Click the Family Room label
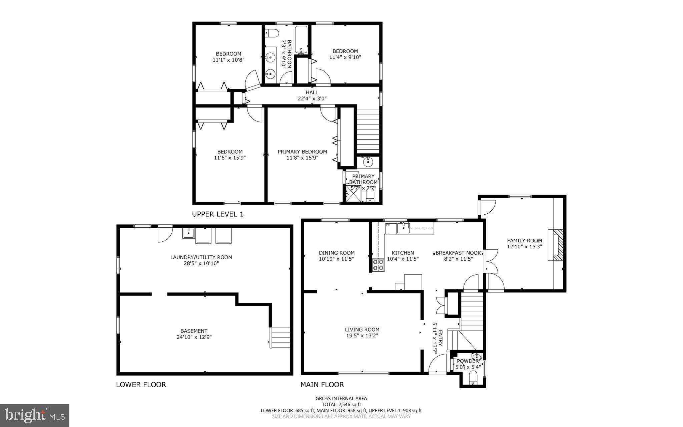click(524, 240)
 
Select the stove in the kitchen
click(378, 265)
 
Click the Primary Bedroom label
click(302, 152)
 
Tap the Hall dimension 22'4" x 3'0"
click(312, 98)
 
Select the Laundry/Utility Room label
click(201, 257)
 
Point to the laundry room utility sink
click(188, 233)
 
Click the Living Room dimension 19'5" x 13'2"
click(362, 336)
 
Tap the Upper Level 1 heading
click(217, 214)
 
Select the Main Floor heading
click(322, 384)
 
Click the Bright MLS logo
click(35, 415)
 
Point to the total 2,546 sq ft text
click(341, 404)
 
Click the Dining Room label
click(336, 253)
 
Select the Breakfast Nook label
click(458, 253)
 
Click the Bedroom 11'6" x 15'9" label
click(230, 152)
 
